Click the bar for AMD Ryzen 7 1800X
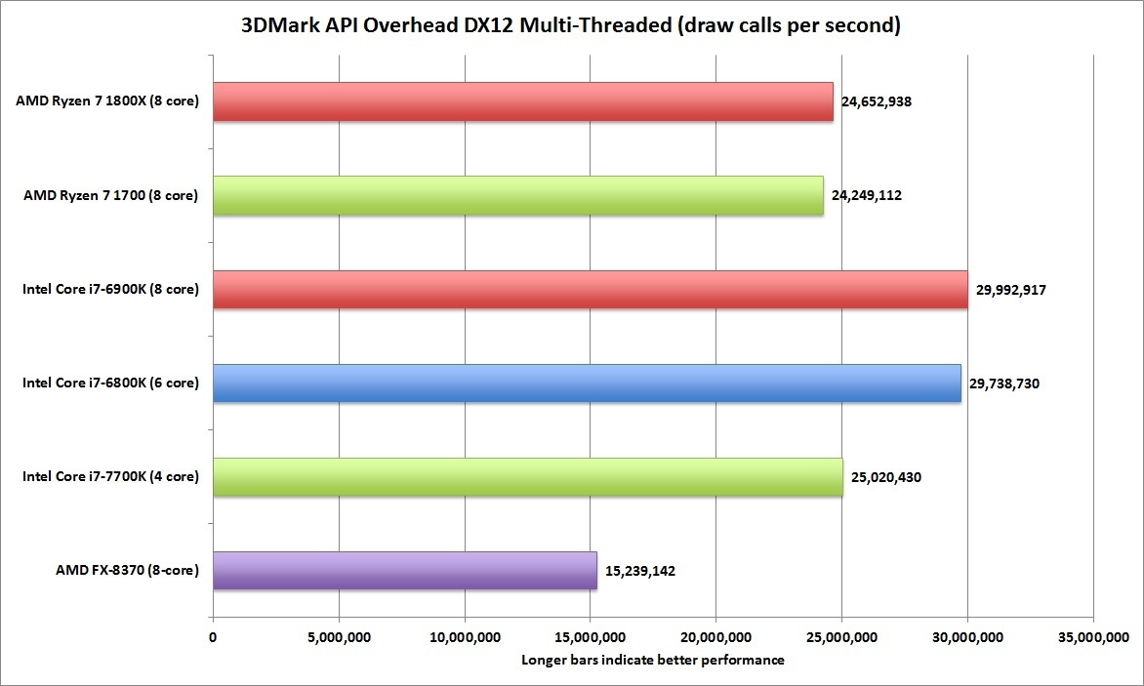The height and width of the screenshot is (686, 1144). pyautogui.click(x=522, y=101)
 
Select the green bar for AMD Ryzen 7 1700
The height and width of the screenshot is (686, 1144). pyautogui.click(x=517, y=195)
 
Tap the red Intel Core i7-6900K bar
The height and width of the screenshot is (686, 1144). pyautogui.click(x=590, y=290)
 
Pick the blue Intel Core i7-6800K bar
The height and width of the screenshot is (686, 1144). pyautogui.click(x=586, y=383)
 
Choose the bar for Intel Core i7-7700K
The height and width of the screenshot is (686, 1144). pyautogui.click(x=527, y=477)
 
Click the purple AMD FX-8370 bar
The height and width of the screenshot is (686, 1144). pyautogui.click(x=404, y=571)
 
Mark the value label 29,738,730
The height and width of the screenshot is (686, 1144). pyautogui.click(x=1004, y=383)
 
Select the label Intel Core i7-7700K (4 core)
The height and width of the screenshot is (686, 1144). pyautogui.click(x=110, y=477)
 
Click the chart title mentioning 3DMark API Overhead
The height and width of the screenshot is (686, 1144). pyautogui.click(x=571, y=26)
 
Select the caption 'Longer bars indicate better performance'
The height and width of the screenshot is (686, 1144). pyautogui.click(x=653, y=660)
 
